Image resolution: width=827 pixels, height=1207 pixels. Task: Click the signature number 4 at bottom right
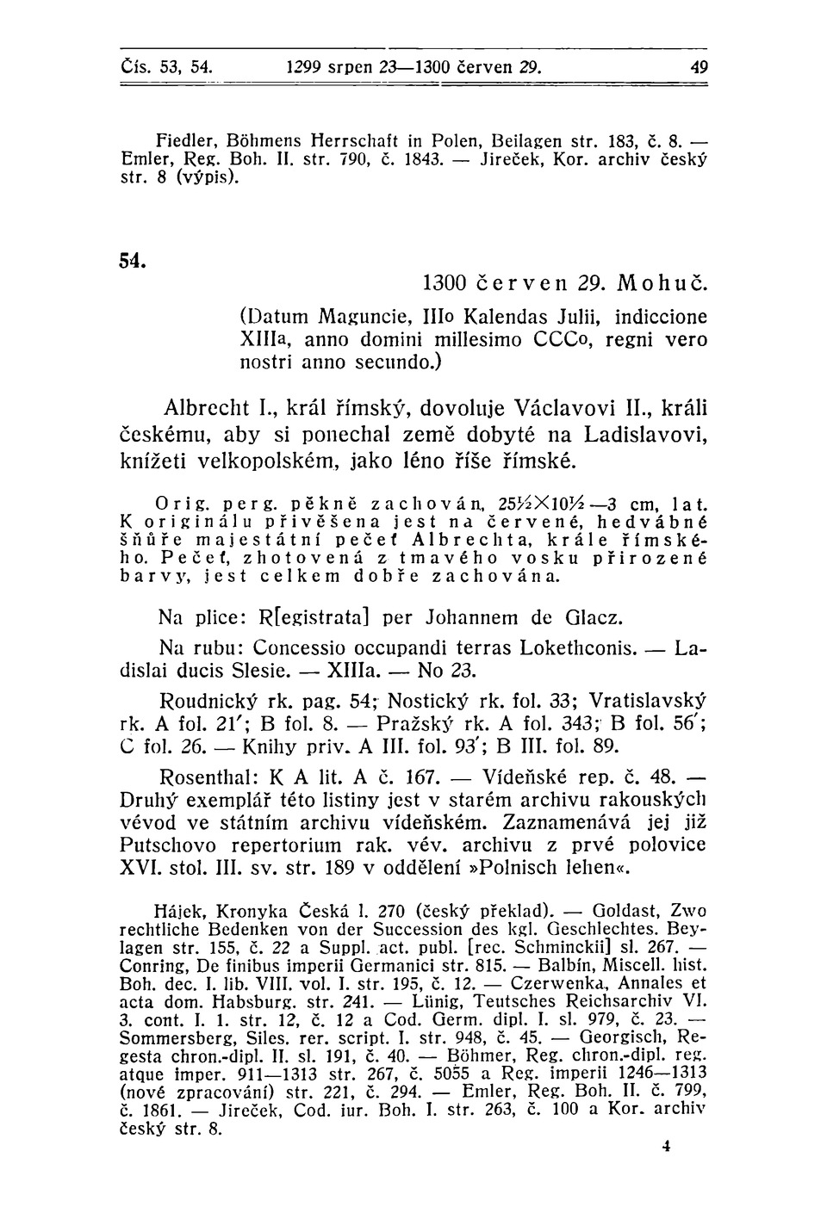667,1147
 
